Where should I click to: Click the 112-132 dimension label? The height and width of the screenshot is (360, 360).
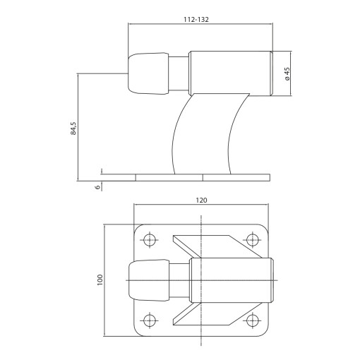click(196, 20)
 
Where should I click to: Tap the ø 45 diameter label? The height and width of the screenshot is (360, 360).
click(287, 74)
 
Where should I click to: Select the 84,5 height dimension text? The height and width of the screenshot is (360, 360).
click(73, 128)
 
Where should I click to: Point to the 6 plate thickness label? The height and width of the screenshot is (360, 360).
click(97, 187)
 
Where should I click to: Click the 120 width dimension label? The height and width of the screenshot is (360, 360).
click(201, 200)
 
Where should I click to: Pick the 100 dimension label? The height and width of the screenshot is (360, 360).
click(100, 280)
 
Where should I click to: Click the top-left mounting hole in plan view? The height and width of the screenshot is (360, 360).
click(149, 240)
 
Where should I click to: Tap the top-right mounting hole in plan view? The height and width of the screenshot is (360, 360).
click(253, 240)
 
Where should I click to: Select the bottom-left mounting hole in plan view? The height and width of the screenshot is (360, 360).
click(149, 320)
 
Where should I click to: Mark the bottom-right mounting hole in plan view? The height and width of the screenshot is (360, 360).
click(253, 320)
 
